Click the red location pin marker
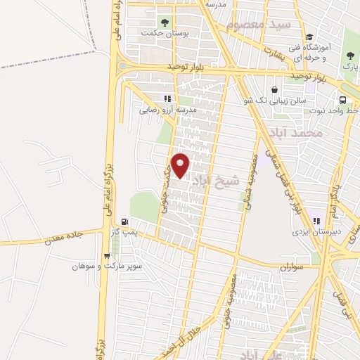[x=181, y=166]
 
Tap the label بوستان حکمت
[x=165, y=32]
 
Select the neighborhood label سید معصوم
[x=254, y=25]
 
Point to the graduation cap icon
[x=309, y=37]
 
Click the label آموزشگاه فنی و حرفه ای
[x=309, y=51]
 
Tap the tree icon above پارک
[x=349, y=55]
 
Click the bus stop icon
[x=342, y=100]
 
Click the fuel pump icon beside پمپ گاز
[x=124, y=221]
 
